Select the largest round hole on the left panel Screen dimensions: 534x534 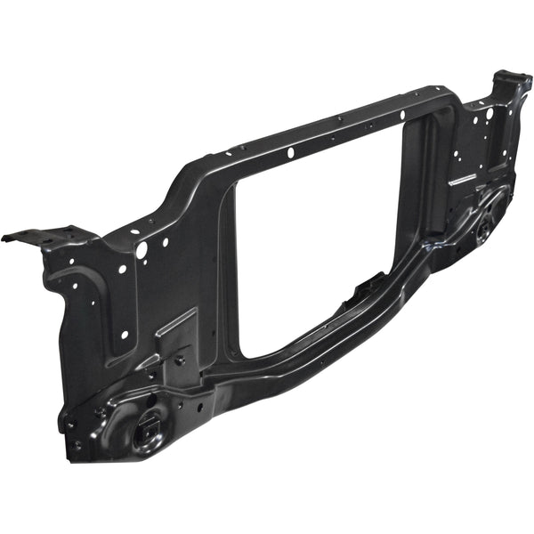point(142,251)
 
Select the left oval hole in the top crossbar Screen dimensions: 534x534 point(291,154)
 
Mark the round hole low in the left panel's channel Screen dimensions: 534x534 point(124,335)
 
